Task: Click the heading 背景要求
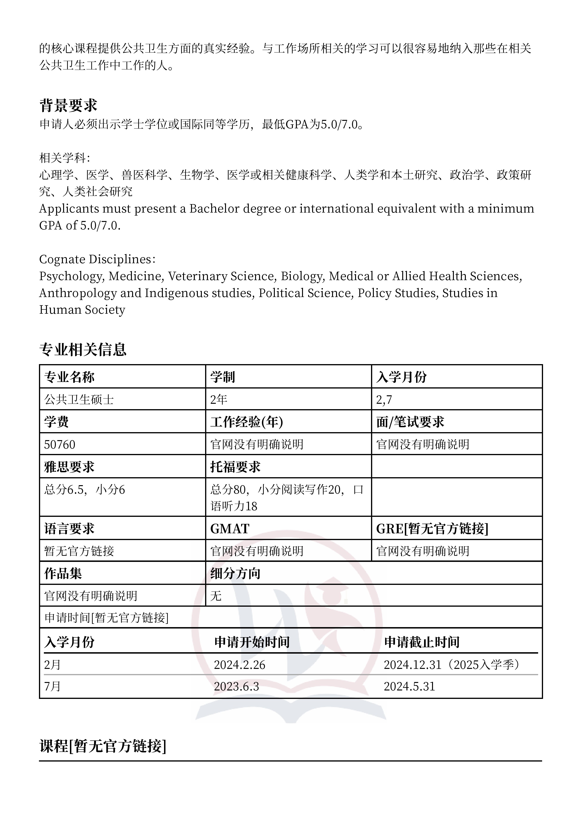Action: pyautogui.click(x=68, y=105)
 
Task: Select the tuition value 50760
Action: pyautogui.click(x=60, y=445)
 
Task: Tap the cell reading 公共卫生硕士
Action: pyautogui.click(x=79, y=399)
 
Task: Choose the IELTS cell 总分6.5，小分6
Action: pyautogui.click(x=85, y=490)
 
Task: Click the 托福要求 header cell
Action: pyautogui.click(x=235, y=467)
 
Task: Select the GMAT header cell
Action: pyautogui.click(x=230, y=529)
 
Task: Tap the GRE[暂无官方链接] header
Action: pyautogui.click(x=432, y=529)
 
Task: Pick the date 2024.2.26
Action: pyautogui.click(x=240, y=665)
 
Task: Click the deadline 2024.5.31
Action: pyautogui.click(x=409, y=686)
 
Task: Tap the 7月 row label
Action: pyautogui.click(x=52, y=686)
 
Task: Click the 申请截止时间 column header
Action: pyautogui.click(x=422, y=642)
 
